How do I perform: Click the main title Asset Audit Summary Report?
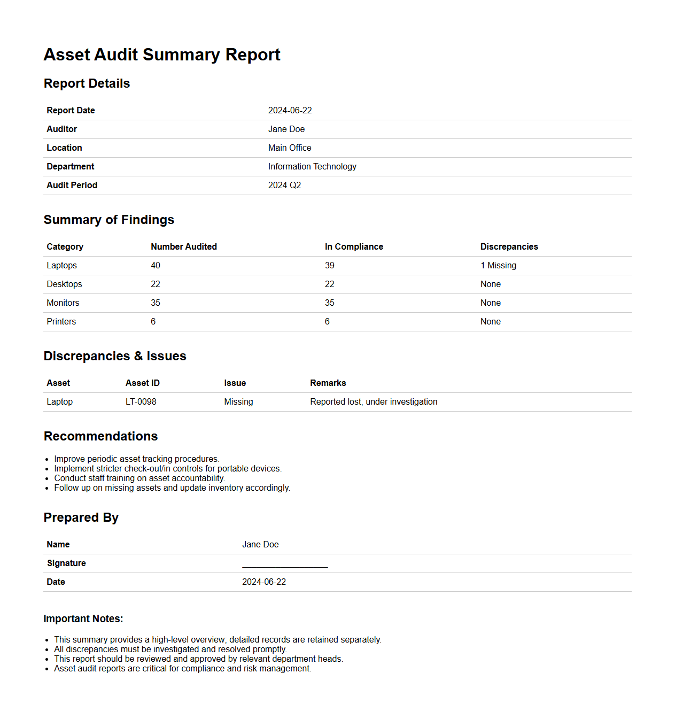(162, 55)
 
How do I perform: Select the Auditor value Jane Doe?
(286, 129)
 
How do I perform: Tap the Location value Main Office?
(290, 148)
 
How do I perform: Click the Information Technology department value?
(312, 167)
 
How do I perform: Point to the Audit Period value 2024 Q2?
(284, 185)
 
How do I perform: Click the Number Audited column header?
(184, 247)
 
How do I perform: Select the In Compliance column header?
(354, 247)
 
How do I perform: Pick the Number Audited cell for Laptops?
(156, 266)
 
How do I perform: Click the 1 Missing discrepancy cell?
(498, 266)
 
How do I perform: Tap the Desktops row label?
(64, 284)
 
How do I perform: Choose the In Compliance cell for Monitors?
(329, 303)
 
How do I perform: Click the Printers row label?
(61, 322)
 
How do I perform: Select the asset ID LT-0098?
(141, 402)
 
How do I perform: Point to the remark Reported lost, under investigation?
(374, 402)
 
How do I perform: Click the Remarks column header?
(328, 383)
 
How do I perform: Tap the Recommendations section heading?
(100, 436)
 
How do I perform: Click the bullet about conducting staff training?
(139, 478)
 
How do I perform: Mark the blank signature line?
(285, 564)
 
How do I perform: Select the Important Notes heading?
(83, 619)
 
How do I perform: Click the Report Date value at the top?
(290, 111)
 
